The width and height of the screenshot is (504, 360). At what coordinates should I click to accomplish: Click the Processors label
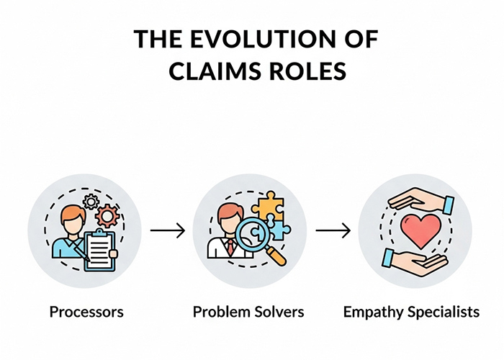(x=86, y=312)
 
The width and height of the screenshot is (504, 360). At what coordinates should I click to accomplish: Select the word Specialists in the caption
(x=441, y=312)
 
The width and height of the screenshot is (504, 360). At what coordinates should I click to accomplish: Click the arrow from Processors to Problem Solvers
(x=168, y=230)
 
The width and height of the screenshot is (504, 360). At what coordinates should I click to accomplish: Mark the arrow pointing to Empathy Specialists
(x=333, y=230)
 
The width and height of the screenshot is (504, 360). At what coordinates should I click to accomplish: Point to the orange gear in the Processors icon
(x=108, y=215)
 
